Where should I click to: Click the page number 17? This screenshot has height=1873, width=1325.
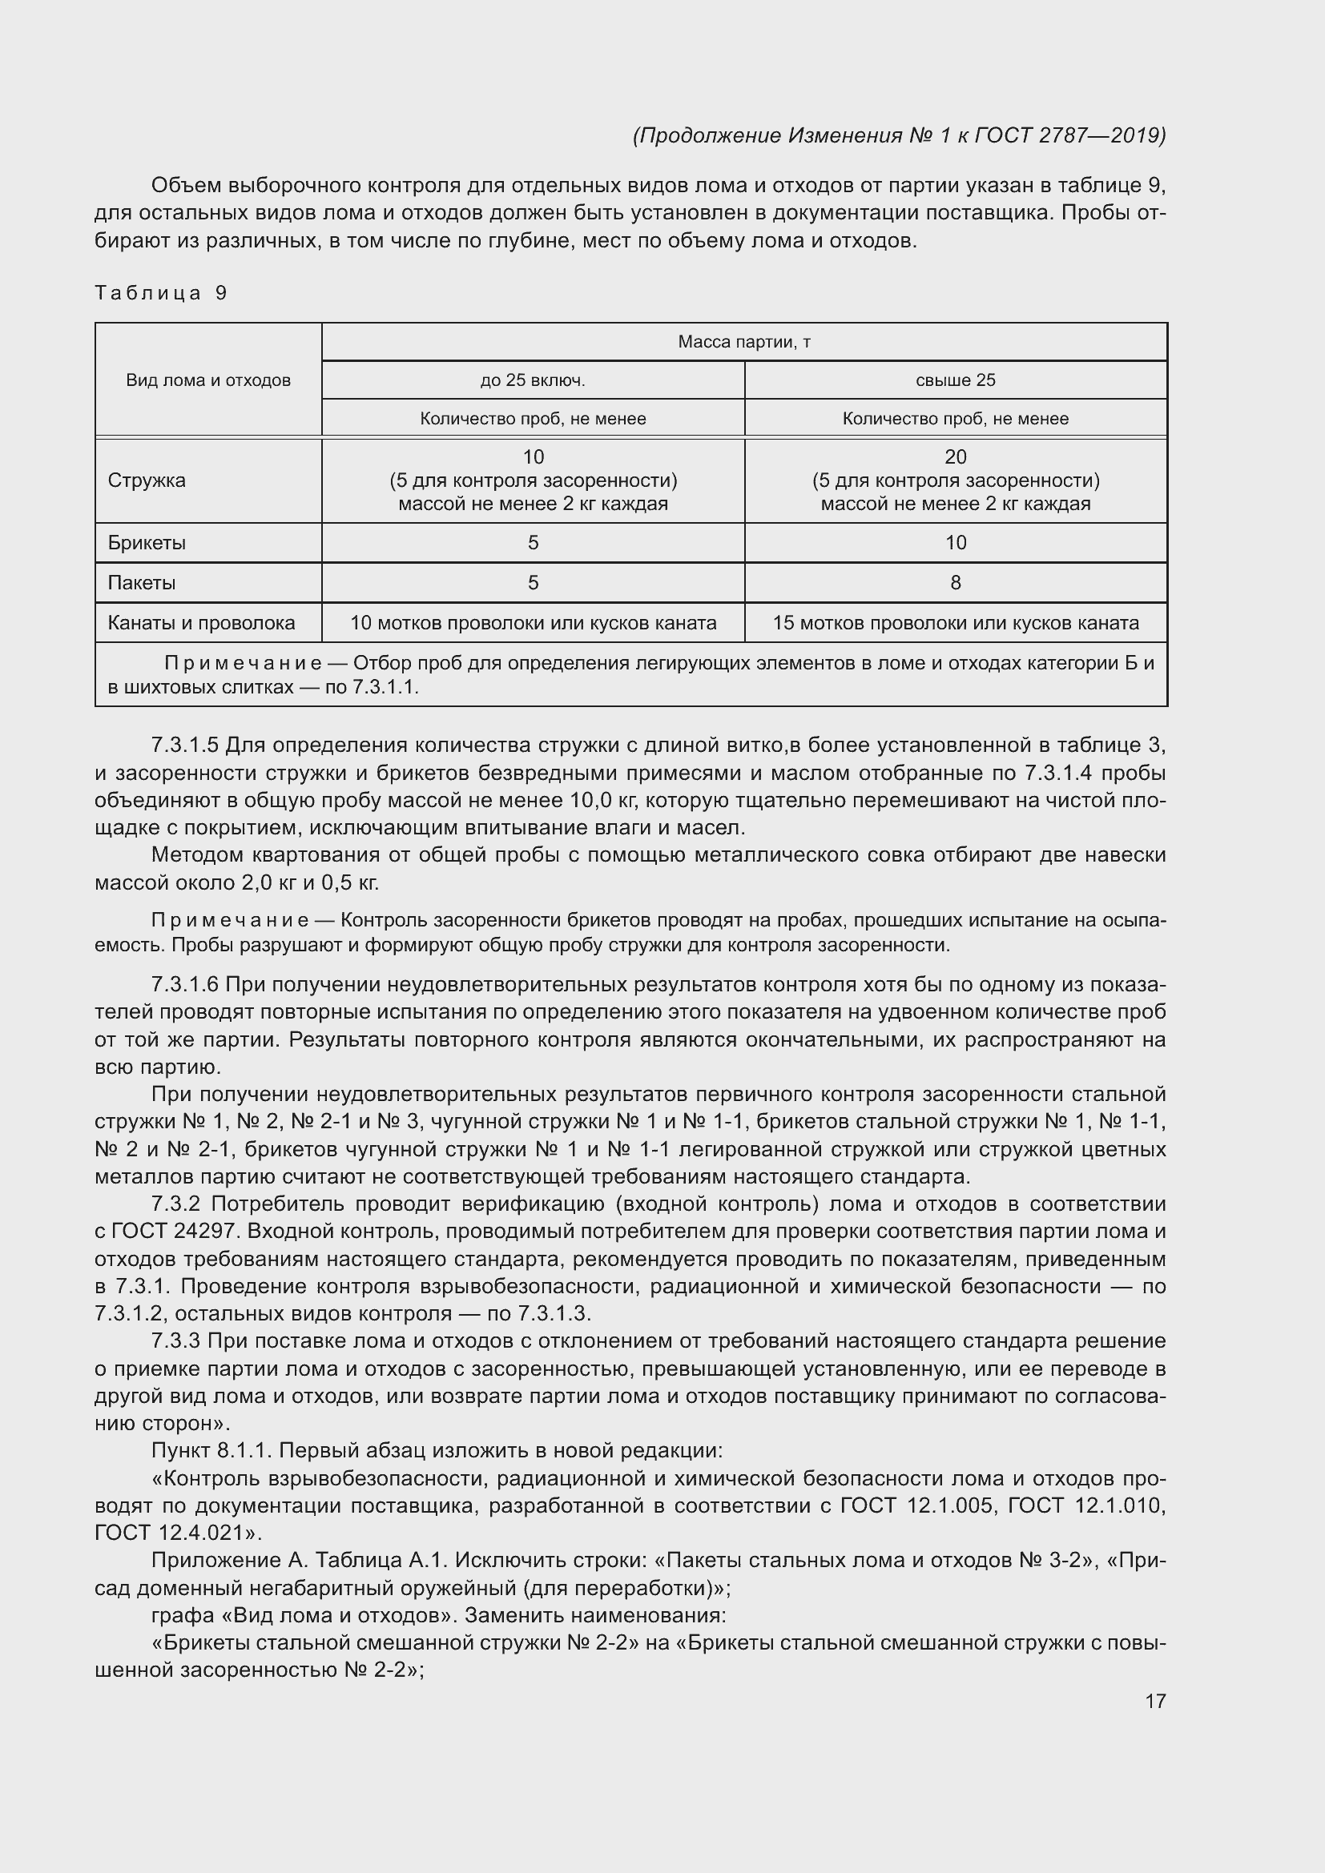pos(1155,1701)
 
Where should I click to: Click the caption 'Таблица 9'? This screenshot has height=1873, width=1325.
pos(161,293)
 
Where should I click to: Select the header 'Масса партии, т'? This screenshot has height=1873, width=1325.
pos(743,342)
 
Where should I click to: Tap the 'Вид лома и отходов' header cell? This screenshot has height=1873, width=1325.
pos(208,380)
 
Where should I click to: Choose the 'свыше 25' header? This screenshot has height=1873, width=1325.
pos(956,380)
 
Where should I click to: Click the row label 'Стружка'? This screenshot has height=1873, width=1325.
pos(147,480)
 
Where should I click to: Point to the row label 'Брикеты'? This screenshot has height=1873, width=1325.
pos(147,542)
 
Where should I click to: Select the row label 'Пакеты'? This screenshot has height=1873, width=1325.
pos(142,582)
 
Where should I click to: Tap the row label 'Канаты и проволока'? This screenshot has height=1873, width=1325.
pos(202,623)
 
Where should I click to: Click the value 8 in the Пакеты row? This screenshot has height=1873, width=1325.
pos(956,582)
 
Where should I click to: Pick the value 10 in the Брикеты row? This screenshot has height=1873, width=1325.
pos(956,542)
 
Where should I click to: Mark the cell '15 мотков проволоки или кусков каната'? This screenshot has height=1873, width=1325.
pos(956,623)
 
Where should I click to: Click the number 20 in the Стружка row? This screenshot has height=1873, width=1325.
pos(956,456)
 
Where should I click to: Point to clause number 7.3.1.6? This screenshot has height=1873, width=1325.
pos(185,985)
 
